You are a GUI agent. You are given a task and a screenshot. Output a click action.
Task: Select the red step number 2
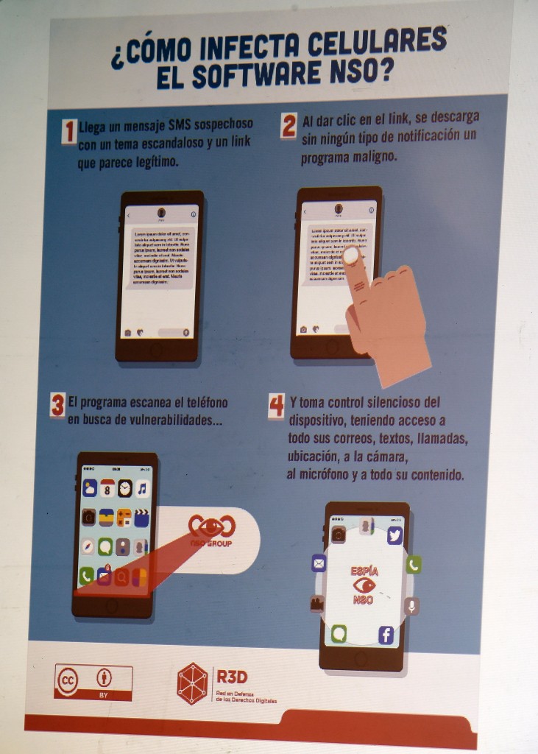[289, 126]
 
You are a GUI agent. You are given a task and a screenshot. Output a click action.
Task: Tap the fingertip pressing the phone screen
[351, 256]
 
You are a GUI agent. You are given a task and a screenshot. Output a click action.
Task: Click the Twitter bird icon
[394, 535]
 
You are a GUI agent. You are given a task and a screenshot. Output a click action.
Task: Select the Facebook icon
[386, 635]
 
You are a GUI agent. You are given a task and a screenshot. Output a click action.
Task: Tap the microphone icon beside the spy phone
[411, 606]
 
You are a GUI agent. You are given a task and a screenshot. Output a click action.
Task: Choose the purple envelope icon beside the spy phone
[319, 564]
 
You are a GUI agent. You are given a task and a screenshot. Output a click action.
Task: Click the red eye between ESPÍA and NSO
[364, 585]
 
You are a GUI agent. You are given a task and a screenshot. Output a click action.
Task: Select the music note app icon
[142, 488]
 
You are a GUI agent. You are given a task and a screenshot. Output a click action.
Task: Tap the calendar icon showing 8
[107, 488]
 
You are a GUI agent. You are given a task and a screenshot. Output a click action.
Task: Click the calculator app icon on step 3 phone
[124, 518]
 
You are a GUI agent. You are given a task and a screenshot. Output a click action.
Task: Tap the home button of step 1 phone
[156, 350]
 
